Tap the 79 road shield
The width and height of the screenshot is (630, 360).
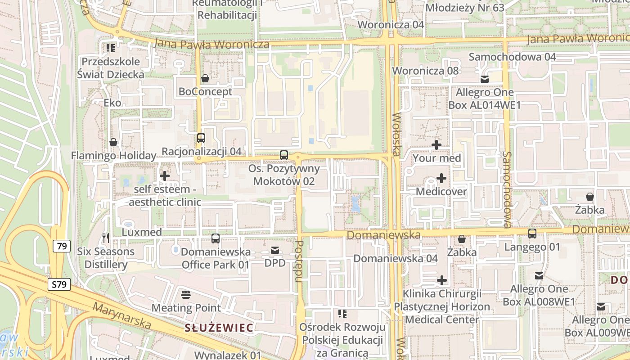62,246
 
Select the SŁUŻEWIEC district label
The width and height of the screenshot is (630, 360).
219,327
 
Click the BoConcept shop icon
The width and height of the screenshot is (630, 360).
205,79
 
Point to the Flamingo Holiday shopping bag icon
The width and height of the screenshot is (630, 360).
113,143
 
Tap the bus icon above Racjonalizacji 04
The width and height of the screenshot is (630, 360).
201,138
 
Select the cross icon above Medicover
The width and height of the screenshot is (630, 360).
441,179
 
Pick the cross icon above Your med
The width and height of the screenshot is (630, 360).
436,145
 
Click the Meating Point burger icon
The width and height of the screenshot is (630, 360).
186,295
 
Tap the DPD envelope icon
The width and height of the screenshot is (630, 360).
275,250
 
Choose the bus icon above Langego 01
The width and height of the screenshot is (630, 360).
532,234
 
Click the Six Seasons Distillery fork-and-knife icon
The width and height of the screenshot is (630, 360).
106,238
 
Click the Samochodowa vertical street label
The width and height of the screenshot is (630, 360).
508,189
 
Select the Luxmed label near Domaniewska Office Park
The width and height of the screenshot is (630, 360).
142,232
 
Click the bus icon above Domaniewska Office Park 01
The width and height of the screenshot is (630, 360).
216,238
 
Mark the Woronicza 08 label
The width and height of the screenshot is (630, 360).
425,71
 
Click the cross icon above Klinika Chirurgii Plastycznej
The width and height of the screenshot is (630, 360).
442,281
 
